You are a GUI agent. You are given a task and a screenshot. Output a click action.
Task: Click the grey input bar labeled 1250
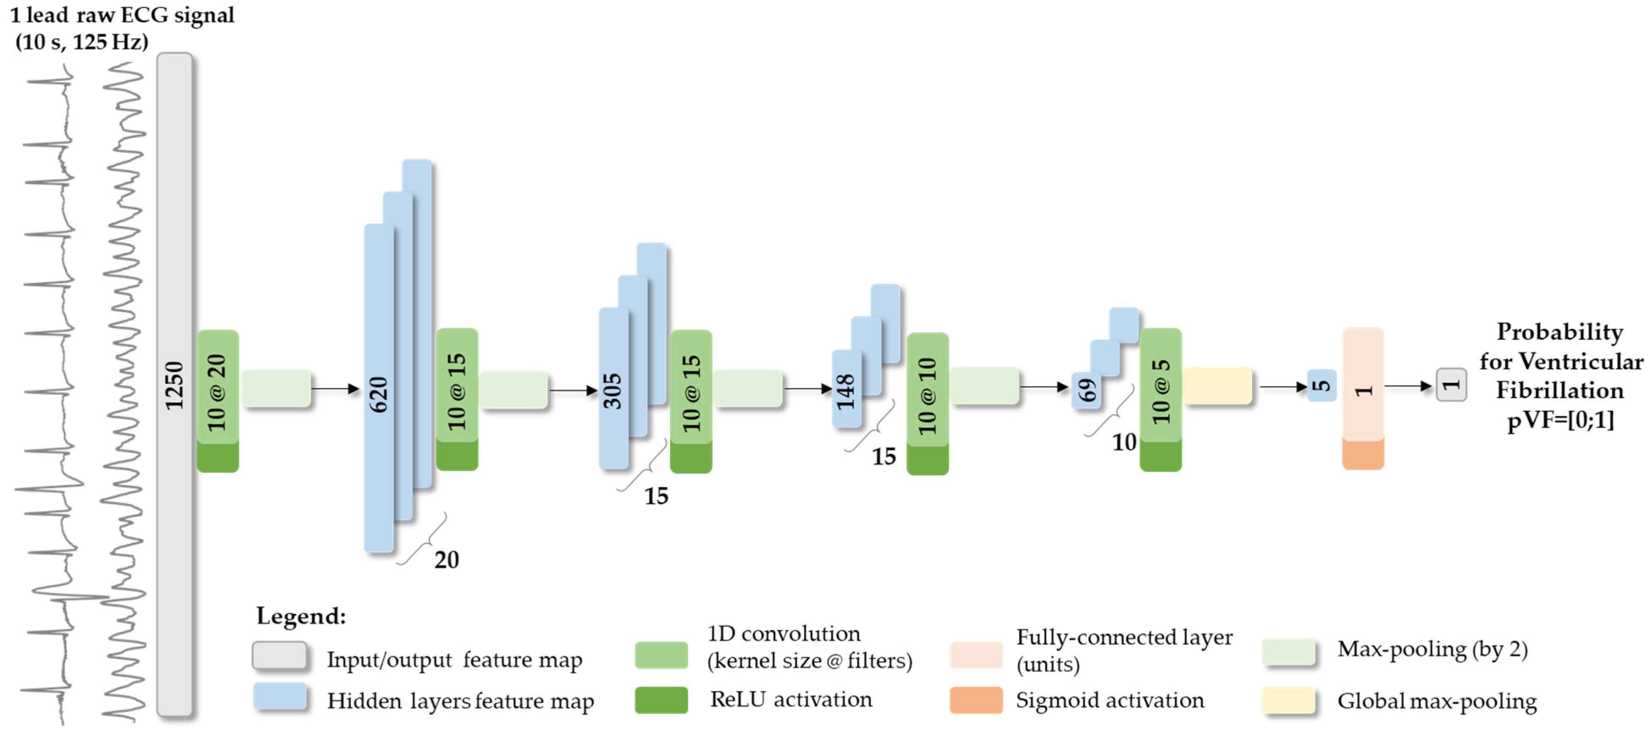(174, 384)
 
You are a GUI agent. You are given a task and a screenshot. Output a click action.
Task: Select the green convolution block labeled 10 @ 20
(217, 392)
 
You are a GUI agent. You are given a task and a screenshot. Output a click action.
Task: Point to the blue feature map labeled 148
(846, 389)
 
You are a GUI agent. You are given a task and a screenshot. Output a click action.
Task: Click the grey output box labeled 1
(1451, 385)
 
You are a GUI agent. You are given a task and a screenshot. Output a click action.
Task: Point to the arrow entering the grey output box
(1409, 386)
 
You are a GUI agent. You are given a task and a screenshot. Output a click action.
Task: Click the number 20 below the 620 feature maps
(446, 560)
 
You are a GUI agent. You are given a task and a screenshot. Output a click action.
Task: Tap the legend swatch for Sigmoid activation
(976, 700)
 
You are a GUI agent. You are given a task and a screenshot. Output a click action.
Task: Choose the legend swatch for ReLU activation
(661, 700)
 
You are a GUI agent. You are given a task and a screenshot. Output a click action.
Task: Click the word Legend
(301, 616)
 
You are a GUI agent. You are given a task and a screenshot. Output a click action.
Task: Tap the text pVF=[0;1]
(1560, 420)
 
